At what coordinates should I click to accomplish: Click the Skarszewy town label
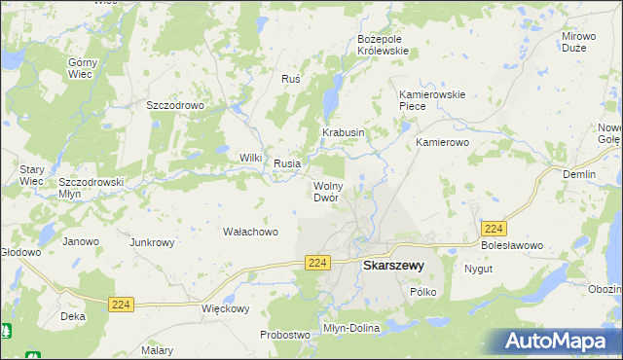[392, 265]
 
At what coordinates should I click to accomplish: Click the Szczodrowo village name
[174, 106]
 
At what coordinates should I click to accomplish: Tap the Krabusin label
[343, 132]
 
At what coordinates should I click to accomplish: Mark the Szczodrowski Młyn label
[90, 187]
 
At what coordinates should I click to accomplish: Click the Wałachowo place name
[251, 233]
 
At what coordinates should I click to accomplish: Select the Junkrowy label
[152, 242]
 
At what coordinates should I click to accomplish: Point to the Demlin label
[579, 174]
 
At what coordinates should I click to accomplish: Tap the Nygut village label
[478, 269]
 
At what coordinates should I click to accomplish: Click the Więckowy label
[226, 309]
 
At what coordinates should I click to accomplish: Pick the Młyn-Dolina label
[351, 329]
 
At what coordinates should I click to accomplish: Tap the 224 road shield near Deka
[121, 305]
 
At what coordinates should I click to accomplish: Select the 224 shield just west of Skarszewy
[317, 264]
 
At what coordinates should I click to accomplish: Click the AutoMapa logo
[557, 341]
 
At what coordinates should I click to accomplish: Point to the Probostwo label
[284, 335]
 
